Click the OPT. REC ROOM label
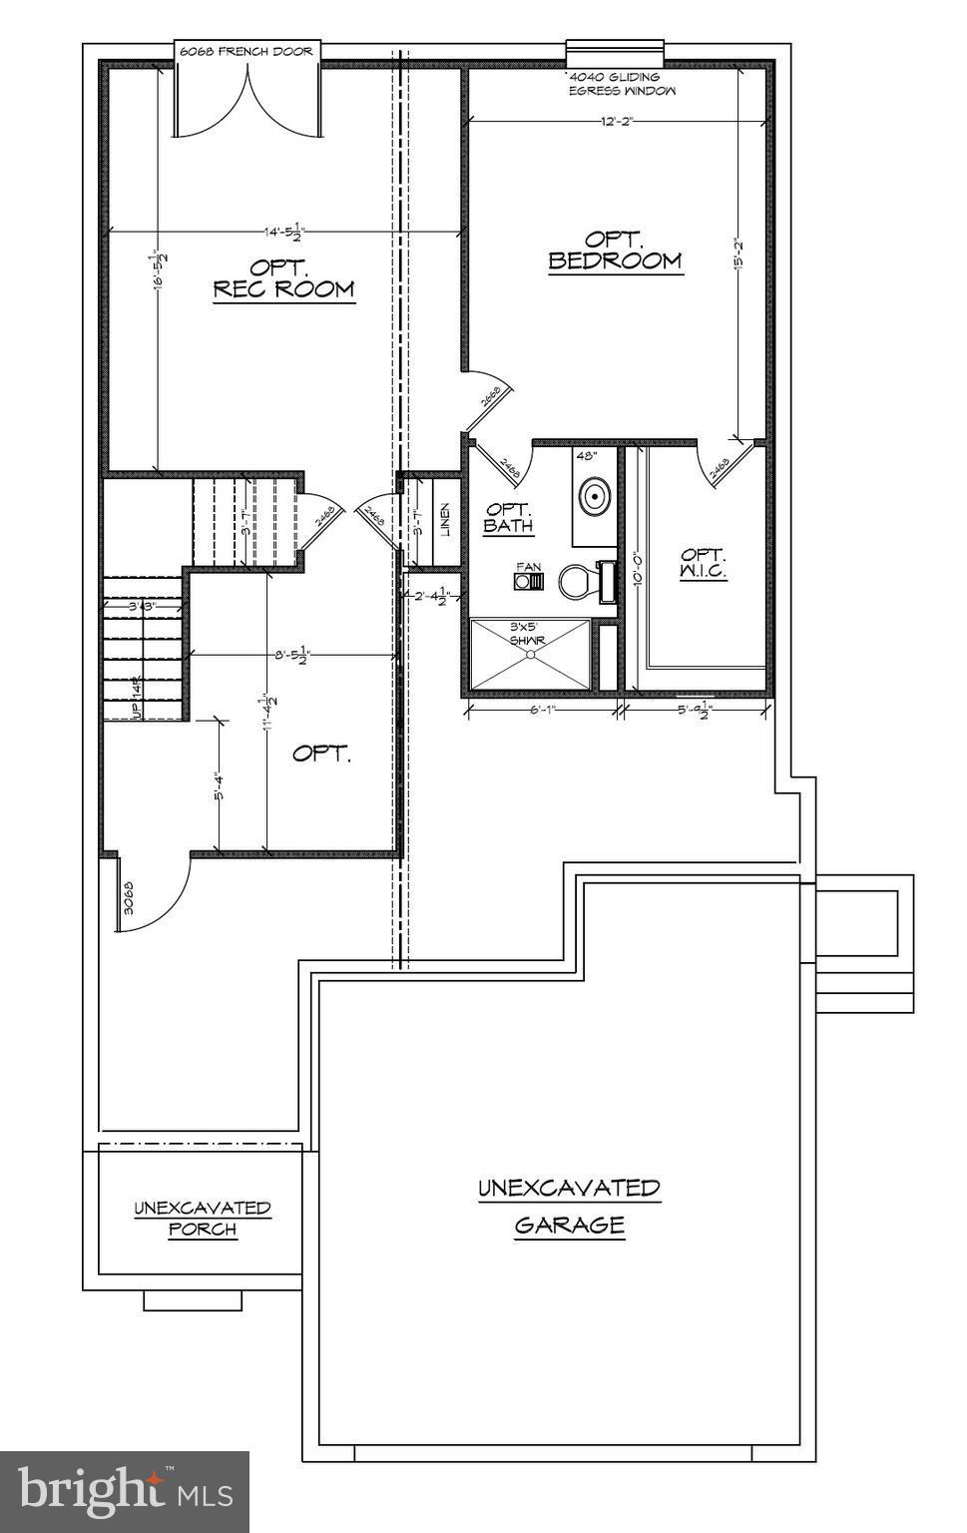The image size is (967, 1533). tap(284, 278)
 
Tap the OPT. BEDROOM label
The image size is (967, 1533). tap(615, 251)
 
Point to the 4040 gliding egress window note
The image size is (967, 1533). tap(621, 84)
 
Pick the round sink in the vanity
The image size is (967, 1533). tap(596, 494)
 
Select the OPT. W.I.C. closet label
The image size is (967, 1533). tap(704, 564)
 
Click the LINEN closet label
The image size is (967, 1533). tap(445, 519)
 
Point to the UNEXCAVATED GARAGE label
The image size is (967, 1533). tap(569, 1206)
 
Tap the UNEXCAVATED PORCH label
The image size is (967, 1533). tap(203, 1218)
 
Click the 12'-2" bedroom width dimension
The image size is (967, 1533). tap(616, 121)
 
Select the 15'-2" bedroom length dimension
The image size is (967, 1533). tap(739, 257)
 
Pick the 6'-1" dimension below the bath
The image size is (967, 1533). tap(542, 710)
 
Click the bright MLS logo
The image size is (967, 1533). tap(125, 1491)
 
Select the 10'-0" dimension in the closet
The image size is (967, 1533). tap(635, 570)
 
